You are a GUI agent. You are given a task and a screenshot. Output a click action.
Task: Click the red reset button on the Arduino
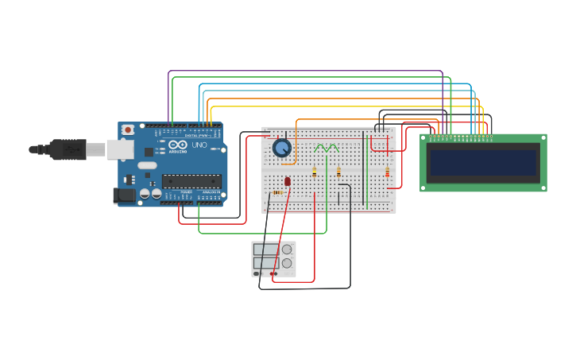click(128, 130)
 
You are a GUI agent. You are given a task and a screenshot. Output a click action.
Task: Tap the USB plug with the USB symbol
click(68, 149)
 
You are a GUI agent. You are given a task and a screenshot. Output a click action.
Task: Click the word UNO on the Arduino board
click(199, 145)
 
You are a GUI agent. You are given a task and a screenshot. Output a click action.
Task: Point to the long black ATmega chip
click(191, 181)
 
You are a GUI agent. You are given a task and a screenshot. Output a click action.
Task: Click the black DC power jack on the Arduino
click(125, 195)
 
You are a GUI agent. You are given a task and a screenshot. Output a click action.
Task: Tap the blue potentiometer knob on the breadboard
click(281, 148)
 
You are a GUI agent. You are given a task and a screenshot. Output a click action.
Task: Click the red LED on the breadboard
click(288, 182)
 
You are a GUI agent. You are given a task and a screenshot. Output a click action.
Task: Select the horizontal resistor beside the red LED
click(277, 192)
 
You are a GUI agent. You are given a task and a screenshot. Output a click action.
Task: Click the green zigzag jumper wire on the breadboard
click(326, 148)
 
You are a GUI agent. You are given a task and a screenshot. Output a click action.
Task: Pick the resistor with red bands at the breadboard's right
click(388, 172)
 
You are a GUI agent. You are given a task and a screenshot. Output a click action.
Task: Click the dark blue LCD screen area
click(483, 163)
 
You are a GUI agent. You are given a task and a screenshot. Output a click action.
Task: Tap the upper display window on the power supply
click(265, 250)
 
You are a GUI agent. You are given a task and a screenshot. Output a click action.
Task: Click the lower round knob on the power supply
click(287, 263)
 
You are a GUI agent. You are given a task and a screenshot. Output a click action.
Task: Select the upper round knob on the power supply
click(287, 249)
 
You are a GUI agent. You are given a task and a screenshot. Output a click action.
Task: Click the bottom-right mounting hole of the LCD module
click(543, 188)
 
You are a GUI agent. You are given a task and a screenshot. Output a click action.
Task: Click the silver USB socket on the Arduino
click(120, 149)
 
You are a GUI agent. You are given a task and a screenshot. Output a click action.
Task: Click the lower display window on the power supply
click(265, 263)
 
